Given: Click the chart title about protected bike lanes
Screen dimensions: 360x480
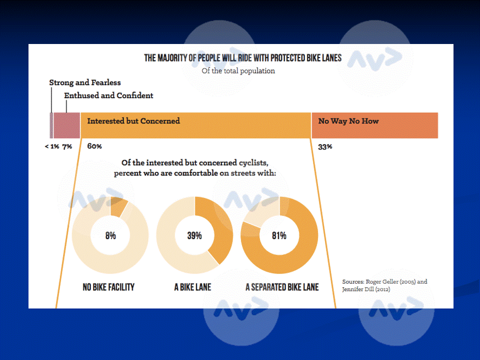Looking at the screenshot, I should click(x=243, y=58).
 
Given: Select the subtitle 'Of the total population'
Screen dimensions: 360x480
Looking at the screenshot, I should click(x=238, y=71).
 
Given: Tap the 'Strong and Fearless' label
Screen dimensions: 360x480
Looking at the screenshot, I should click(x=85, y=82).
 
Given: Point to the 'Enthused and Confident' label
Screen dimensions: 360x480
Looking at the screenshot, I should click(x=108, y=95).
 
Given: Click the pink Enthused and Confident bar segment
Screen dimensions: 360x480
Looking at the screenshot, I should click(x=66, y=125).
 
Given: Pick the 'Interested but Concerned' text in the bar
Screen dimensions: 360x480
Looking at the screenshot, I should click(x=133, y=121).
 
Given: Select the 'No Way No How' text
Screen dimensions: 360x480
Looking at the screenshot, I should click(x=348, y=121).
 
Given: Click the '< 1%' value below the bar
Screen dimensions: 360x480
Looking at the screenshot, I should click(x=51, y=146).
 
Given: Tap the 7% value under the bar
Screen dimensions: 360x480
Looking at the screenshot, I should click(x=67, y=146).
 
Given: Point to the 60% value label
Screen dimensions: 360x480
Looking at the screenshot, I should click(x=94, y=146).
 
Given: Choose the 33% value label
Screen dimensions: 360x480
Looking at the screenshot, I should click(x=325, y=147).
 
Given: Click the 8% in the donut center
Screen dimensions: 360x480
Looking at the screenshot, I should click(x=110, y=235).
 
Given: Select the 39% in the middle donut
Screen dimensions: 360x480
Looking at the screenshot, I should click(x=194, y=235).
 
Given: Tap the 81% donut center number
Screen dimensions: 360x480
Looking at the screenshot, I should click(x=279, y=235).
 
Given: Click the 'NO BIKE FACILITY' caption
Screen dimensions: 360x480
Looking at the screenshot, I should click(x=108, y=287).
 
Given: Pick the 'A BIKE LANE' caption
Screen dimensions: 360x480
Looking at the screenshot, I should click(x=192, y=287).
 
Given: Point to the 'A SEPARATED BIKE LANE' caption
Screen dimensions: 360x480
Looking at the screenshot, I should click(x=282, y=287).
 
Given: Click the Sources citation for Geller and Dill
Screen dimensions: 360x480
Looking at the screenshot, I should click(x=384, y=285).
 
